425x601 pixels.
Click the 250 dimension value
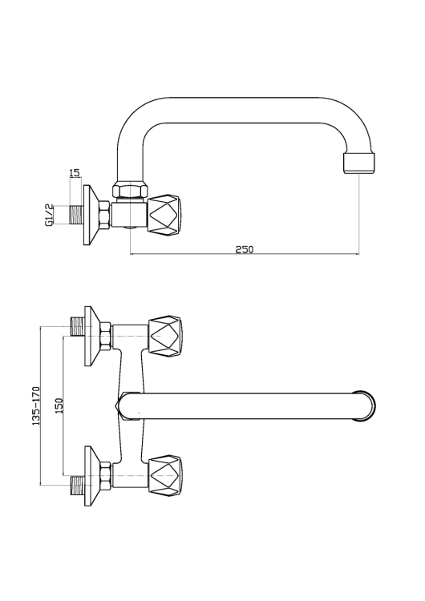click(x=245, y=249)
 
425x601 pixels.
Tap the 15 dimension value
click(x=75, y=172)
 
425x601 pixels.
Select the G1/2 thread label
click(x=51, y=215)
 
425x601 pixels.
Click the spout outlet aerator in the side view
click(x=358, y=163)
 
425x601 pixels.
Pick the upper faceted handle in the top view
click(x=167, y=334)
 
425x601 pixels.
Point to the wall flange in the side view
click(x=91, y=214)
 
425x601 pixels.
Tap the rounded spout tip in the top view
click(x=365, y=405)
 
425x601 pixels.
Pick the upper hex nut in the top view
click(x=104, y=334)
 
